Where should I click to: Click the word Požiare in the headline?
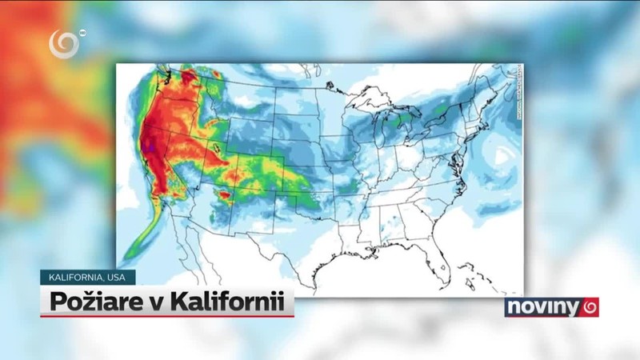[x=82, y=303]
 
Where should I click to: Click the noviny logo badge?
[x=551, y=307]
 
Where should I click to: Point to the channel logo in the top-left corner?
[x=65, y=44]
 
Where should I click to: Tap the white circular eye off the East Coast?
[x=502, y=156]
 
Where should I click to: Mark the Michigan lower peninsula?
[x=406, y=132]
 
